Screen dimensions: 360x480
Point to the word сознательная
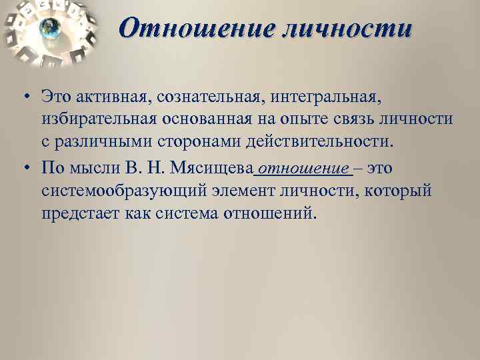203,97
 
